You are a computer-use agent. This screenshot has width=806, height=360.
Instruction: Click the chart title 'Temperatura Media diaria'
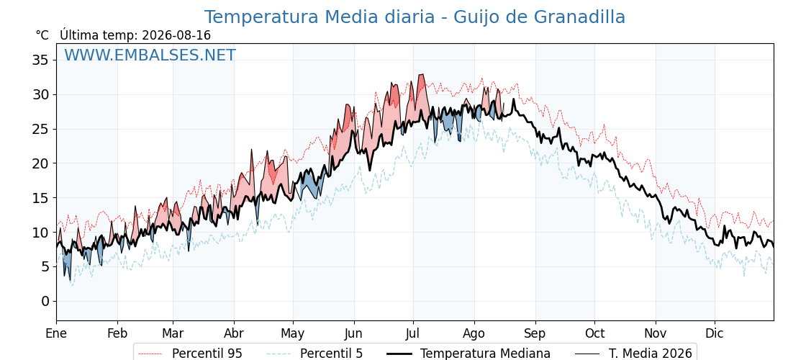tap(320, 17)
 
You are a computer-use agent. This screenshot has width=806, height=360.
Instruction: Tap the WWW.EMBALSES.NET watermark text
tap(150, 55)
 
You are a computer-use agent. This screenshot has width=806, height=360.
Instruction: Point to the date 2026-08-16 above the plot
tap(176, 35)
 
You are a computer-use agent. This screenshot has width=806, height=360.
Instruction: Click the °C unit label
tap(42, 35)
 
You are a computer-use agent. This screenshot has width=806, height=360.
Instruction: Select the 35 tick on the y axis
tap(41, 60)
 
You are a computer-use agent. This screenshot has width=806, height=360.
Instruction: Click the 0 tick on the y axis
tap(45, 301)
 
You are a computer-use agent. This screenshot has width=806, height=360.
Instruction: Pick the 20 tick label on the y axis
tap(41, 163)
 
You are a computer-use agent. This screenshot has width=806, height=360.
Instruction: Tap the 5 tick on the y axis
tap(45, 266)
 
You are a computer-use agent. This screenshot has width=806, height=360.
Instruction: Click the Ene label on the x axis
tap(56, 333)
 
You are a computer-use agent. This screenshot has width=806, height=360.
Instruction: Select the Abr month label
tap(234, 333)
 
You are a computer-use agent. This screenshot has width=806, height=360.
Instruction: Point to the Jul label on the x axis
tap(413, 333)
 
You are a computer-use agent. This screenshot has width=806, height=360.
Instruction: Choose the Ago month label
tap(474, 334)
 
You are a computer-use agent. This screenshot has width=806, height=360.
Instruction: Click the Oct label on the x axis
tap(594, 333)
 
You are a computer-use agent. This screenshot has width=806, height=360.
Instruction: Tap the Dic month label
tap(715, 333)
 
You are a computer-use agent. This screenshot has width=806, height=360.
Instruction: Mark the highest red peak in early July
tap(422, 75)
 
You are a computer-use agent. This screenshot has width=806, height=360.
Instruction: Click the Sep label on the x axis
tap(535, 334)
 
